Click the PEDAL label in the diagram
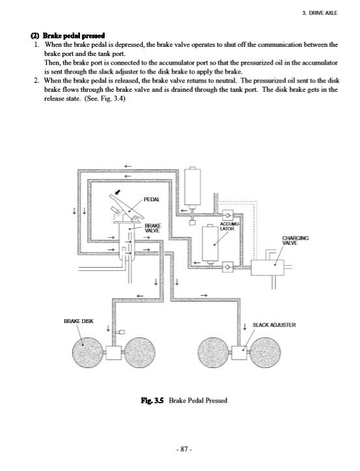[152, 199]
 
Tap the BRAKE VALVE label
[153, 228]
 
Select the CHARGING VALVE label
[295, 240]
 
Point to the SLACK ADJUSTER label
[274, 325]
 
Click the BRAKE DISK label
[79, 321]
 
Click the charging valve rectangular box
[268, 268]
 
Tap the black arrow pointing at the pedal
[118, 191]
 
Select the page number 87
[184, 449]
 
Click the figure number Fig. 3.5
[152, 401]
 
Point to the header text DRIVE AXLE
[323, 13]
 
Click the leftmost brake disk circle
[88, 352]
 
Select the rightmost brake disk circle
[265, 352]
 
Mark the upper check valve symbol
[228, 216]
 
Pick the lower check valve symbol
[228, 266]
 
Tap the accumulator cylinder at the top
[193, 186]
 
